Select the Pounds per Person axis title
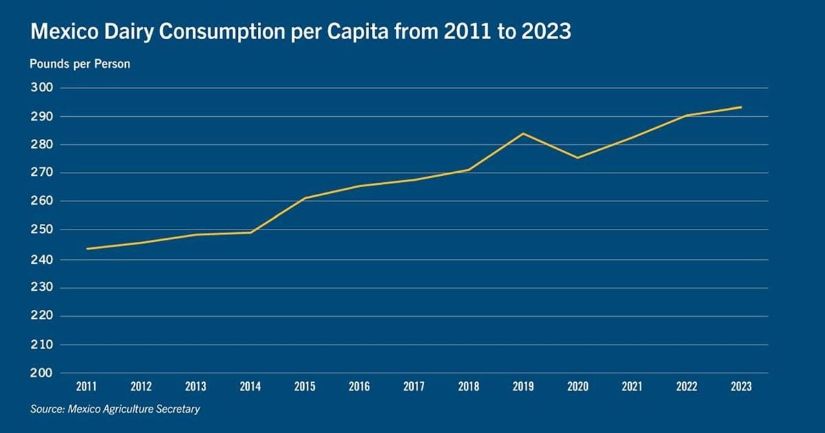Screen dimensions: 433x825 click(80, 64)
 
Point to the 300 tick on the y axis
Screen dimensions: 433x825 click(41, 88)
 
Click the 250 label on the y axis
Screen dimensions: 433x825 click(41, 230)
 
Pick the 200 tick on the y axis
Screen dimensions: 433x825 click(41, 373)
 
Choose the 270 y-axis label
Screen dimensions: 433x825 click(41, 173)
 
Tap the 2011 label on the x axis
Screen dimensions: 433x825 click(87, 387)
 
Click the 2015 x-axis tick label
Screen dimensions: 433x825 click(305, 387)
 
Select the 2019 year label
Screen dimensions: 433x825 click(523, 387)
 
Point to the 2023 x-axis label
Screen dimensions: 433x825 click(741, 387)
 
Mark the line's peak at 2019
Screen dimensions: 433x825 click(523, 133)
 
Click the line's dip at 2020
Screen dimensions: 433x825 click(577, 157)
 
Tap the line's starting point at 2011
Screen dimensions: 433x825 click(87, 249)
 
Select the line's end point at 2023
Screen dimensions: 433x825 click(741, 107)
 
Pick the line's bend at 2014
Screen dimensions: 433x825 click(251, 232)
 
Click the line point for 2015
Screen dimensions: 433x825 click(305, 198)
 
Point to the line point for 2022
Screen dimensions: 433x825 click(686, 115)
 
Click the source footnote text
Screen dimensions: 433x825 click(115, 410)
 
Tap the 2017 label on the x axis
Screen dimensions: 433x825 click(414, 387)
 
